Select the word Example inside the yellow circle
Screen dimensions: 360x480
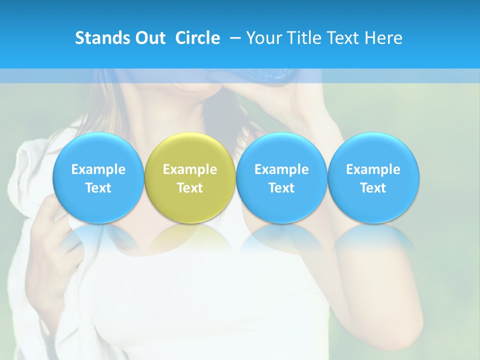pos(190,169)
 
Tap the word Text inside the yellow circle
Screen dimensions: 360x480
pos(190,188)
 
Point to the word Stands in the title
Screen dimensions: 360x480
pos(96,38)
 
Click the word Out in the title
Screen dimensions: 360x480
pos(148,38)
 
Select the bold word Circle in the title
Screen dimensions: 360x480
pos(197,38)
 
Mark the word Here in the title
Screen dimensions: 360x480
pos(384,38)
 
